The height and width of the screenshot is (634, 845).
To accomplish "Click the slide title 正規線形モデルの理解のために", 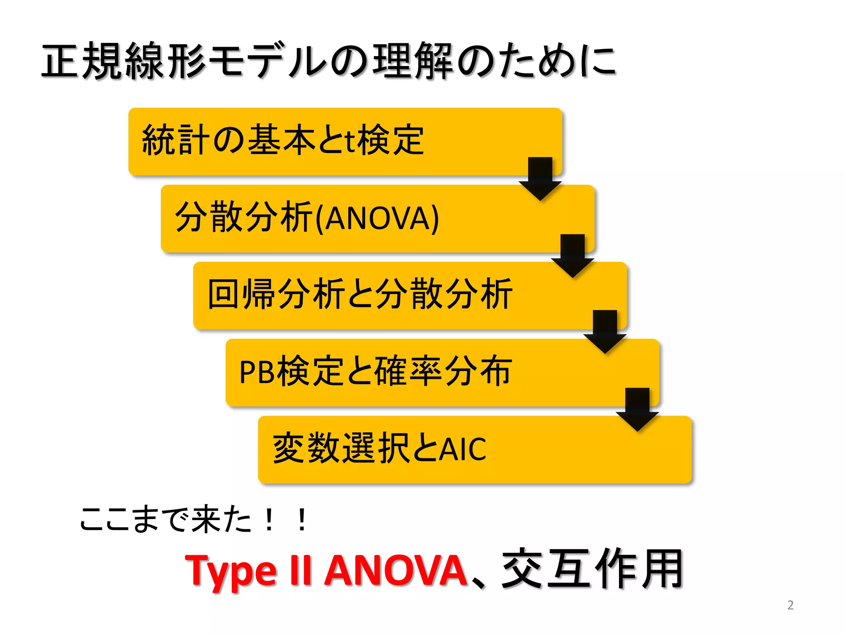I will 329,61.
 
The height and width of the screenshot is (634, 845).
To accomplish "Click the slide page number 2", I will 790,605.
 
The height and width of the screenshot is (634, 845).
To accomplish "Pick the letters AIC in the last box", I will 462,449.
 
